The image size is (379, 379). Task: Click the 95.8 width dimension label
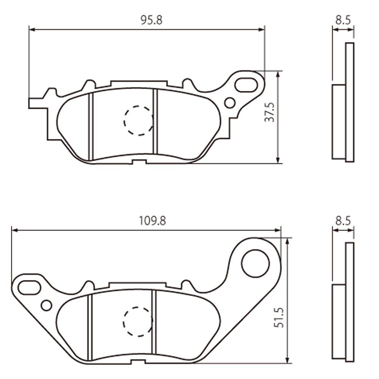151,20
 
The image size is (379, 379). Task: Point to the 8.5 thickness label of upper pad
343,20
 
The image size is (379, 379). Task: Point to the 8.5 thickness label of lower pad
343,221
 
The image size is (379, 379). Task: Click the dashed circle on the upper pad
139,120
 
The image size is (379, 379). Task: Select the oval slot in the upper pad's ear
246,84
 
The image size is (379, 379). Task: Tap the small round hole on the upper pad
230,103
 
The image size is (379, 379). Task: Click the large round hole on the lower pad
256,263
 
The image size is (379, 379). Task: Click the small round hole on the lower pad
47,305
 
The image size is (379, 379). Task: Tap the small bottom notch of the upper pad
139,162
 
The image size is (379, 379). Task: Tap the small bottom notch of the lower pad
139,363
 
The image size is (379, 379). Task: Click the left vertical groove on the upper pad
91,127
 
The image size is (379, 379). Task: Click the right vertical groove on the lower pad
154,326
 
